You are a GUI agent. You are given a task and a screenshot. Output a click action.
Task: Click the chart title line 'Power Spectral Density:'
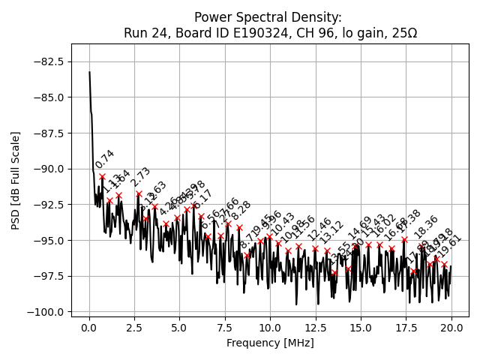(x=268, y=16)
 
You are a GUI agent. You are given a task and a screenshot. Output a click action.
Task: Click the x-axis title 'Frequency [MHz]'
(x=270, y=343)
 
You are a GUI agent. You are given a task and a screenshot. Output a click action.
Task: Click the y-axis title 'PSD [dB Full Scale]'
(x=15, y=180)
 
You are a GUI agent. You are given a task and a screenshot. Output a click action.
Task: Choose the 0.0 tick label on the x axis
(x=89, y=328)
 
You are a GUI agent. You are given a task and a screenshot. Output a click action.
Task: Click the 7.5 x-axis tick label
(x=225, y=328)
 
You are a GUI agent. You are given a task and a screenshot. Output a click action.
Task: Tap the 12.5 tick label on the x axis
(x=316, y=328)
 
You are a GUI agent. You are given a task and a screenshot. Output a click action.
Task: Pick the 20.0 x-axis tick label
(x=451, y=328)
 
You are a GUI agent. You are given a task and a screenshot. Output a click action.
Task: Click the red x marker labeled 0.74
(x=103, y=177)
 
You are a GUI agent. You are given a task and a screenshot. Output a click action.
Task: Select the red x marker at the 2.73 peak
(x=139, y=193)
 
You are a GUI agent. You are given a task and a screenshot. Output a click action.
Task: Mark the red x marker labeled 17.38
(x=404, y=240)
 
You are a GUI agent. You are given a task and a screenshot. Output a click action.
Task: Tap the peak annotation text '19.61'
(x=450, y=246)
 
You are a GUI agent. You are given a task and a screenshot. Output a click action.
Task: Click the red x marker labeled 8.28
(x=239, y=227)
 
